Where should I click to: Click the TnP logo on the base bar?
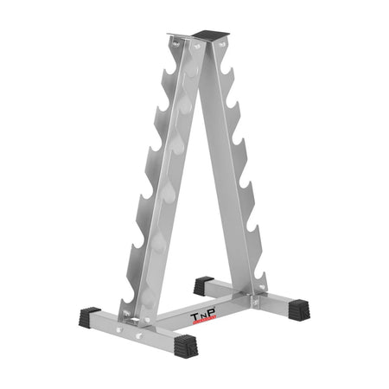pyautogui.click(x=203, y=318)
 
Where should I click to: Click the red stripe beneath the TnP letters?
pyautogui.click(x=204, y=322)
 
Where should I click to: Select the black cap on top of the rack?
pyautogui.click(x=211, y=34)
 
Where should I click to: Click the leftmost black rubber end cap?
pyautogui.click(x=89, y=316)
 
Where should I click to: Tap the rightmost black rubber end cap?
pyautogui.click(x=299, y=309)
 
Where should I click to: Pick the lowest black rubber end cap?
pyautogui.click(x=186, y=346)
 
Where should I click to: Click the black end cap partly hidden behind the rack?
pyautogui.click(x=203, y=285)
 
